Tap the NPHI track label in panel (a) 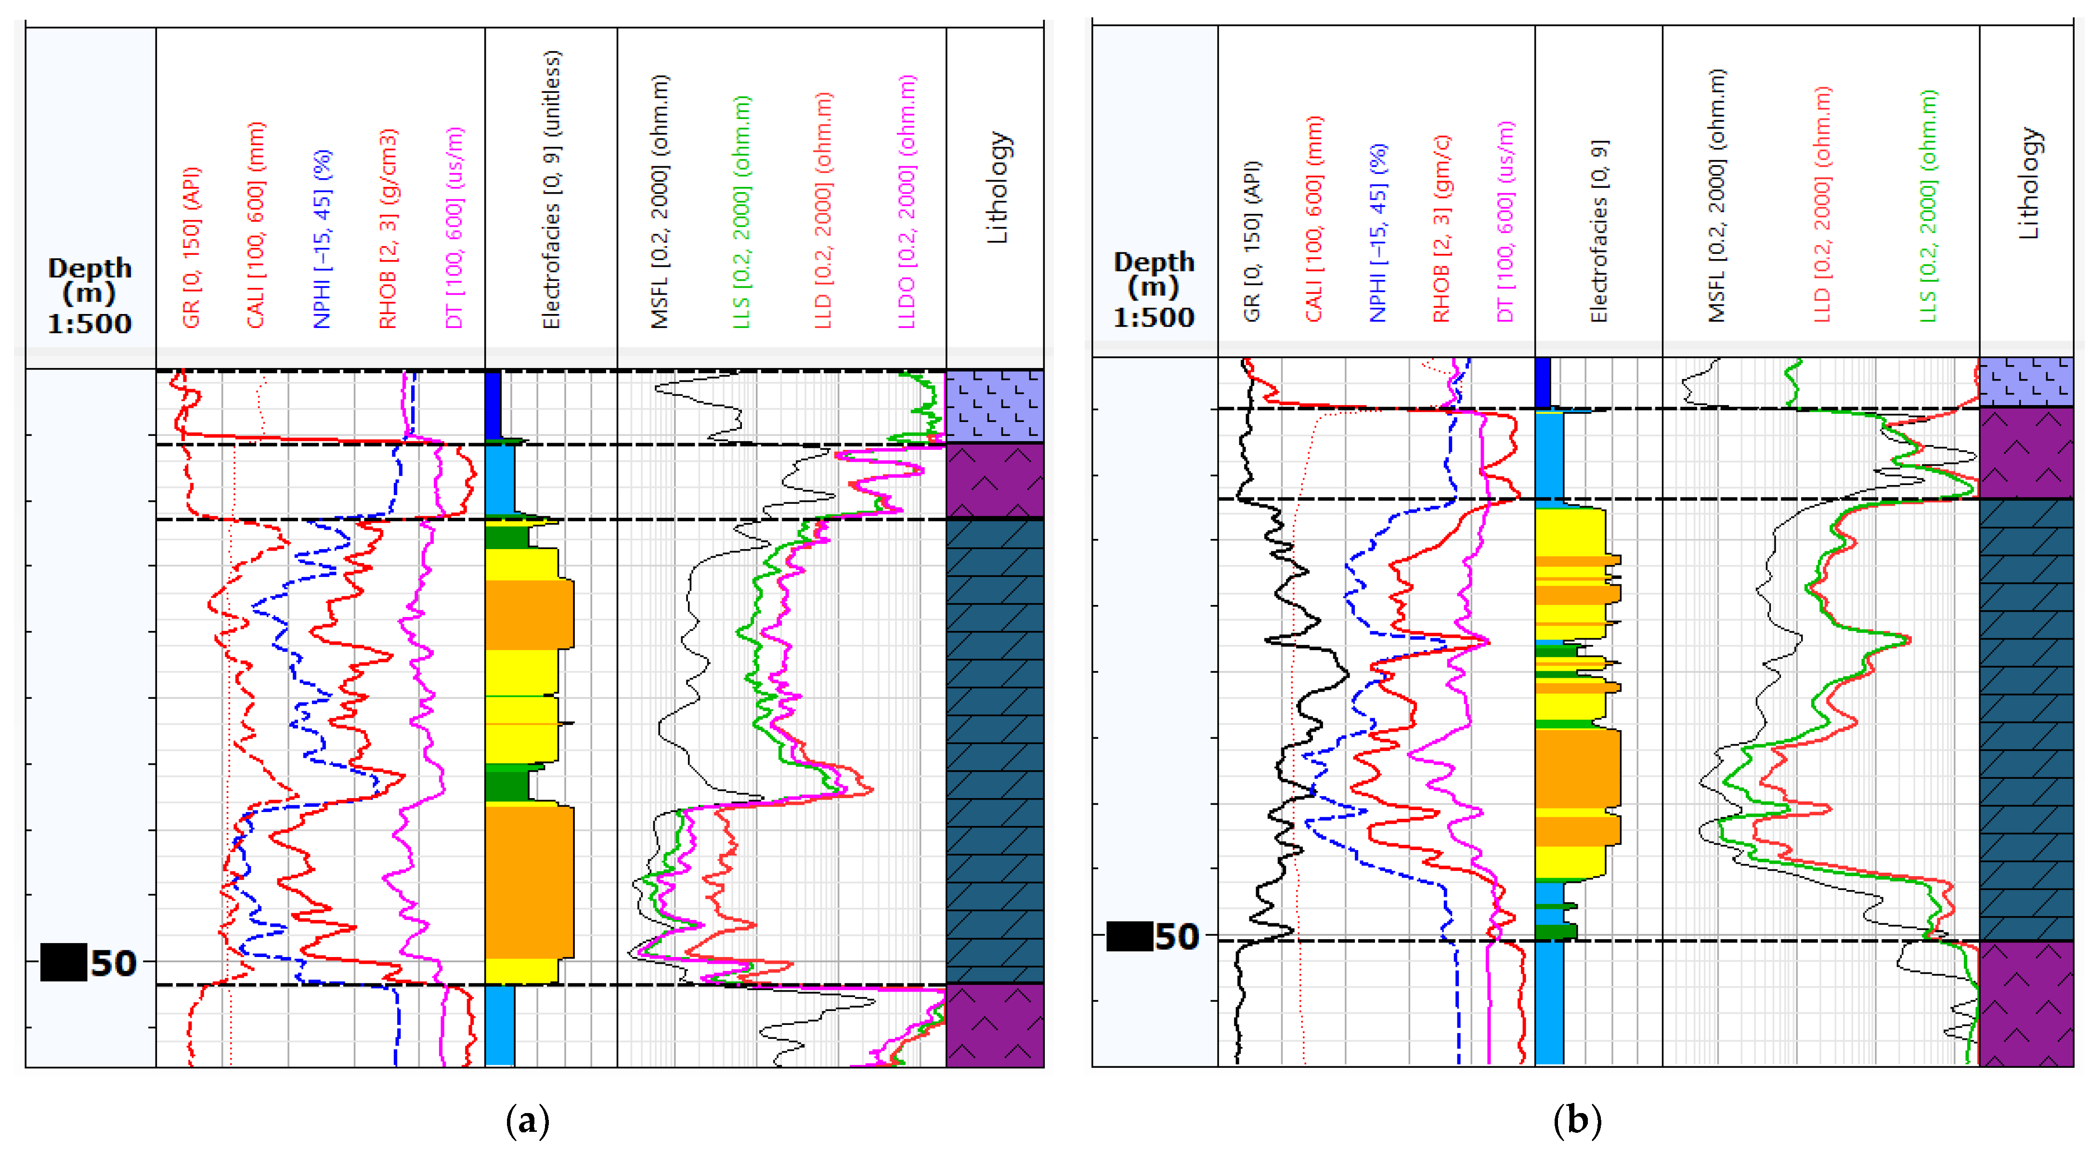coord(322,239)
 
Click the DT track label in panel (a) coord(454,228)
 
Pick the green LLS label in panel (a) coord(741,212)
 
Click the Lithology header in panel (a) coord(997,188)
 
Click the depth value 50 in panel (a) coord(113,963)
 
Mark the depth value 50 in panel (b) coord(1176,936)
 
